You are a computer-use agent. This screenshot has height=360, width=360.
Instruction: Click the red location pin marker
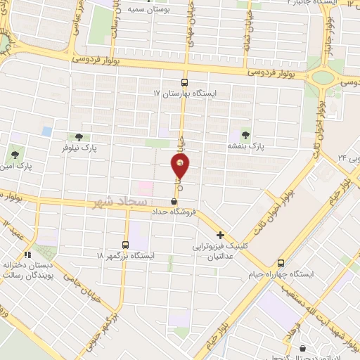(181, 167)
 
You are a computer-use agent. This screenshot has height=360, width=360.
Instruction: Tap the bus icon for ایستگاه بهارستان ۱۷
(186, 82)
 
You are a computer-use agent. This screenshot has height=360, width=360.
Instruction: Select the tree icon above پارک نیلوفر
(77, 136)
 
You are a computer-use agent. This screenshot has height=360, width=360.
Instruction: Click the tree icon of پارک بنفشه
(245, 134)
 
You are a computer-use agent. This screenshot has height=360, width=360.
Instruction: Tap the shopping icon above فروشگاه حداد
(173, 202)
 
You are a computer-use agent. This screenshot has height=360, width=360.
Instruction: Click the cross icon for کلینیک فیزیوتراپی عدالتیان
(221, 235)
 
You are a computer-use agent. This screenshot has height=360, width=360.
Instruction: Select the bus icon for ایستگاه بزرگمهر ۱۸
(125, 245)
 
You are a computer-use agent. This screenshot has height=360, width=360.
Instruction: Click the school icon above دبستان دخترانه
(27, 255)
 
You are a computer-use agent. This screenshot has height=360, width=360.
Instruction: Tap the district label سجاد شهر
(117, 202)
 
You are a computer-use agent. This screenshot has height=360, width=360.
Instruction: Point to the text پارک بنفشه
(244, 146)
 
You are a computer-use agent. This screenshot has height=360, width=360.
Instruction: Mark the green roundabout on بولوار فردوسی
(323, 77)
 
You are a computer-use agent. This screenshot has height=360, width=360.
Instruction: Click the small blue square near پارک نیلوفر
(47, 131)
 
